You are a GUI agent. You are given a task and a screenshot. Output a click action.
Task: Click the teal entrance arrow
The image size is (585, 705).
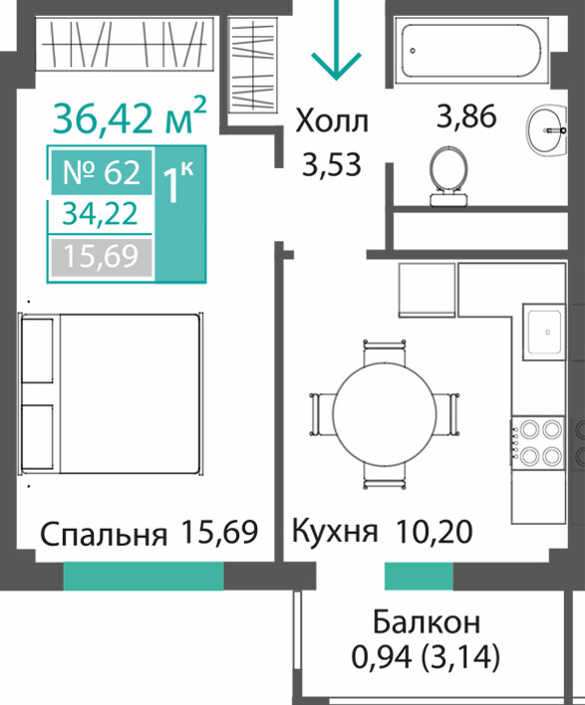tap(336, 41)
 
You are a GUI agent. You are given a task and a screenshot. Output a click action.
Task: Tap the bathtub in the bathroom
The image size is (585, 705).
tap(471, 51)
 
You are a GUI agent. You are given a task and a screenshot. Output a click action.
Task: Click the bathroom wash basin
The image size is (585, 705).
tap(547, 130)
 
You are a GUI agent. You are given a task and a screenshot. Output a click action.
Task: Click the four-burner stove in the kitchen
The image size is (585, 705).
tap(537, 443)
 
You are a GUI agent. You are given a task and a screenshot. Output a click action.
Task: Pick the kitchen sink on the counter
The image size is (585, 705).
tap(543, 332)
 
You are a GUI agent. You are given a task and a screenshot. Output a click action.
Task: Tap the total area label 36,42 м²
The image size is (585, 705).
tap(130, 116)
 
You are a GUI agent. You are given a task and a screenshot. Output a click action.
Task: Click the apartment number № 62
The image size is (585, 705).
tap(102, 172)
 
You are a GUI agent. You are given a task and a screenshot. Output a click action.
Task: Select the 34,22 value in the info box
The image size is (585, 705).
tap(100, 213)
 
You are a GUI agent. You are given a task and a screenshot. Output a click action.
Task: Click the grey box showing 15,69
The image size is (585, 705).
tap(102, 256)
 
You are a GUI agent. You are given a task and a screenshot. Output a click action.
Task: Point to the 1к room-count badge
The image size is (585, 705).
tap(180, 214)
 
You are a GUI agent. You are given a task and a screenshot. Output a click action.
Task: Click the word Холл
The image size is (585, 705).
tap(332, 120)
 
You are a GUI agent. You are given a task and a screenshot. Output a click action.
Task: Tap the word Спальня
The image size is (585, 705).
tap(104, 535)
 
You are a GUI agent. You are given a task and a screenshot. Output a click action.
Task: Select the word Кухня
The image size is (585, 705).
tap(335, 532)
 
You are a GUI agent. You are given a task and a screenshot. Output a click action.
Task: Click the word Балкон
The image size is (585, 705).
tap(427, 622)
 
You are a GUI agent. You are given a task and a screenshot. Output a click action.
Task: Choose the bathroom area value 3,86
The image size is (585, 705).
tap(466, 116)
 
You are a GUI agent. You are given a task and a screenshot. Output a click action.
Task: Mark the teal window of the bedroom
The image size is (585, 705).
tap(144, 576)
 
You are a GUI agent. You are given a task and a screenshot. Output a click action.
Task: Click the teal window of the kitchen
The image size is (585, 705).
tap(419, 576)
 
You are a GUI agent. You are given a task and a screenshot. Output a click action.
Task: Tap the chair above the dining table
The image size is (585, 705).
tap(385, 352)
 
